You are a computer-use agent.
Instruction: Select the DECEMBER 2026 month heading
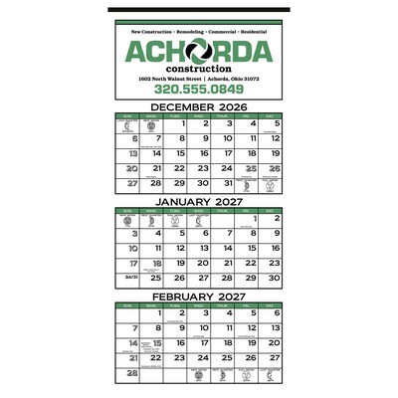tap(199, 107)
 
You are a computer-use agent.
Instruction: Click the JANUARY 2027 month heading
tap(199, 202)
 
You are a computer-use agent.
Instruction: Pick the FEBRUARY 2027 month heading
tap(199, 296)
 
